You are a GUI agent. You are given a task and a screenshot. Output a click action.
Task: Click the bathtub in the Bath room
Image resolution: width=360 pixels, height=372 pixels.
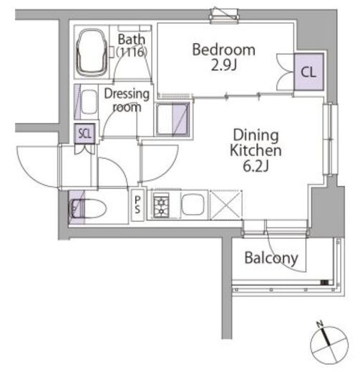pos(92,52)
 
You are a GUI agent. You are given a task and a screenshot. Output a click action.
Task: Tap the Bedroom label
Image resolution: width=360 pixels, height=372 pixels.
pos(224,50)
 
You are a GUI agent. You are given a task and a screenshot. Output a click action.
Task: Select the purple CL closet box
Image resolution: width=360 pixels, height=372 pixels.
pos(308,72)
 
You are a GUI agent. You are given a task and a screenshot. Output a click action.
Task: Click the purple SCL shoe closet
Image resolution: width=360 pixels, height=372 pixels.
pos(84,134)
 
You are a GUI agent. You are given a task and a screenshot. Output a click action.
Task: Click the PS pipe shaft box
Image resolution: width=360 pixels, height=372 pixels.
pos(137,205)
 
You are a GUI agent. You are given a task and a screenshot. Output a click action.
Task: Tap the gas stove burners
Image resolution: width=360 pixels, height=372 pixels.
pos(161,205)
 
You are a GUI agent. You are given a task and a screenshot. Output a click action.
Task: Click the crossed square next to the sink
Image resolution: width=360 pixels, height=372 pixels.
pos(226,205)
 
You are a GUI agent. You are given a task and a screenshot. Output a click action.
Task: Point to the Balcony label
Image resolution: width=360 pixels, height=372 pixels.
pos(271,258)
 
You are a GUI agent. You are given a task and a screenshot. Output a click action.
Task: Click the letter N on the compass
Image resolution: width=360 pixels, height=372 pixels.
pos(320,324)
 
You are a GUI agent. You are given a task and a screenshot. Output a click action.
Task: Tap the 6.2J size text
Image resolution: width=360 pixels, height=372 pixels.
pos(256,166)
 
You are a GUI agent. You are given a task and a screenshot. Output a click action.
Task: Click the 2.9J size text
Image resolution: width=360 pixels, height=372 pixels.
pos(224,65)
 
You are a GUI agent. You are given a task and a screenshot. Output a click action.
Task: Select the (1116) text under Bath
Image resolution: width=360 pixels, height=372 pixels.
pos(132,52)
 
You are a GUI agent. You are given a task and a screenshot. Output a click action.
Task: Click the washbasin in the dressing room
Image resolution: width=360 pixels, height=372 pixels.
pos(89,102)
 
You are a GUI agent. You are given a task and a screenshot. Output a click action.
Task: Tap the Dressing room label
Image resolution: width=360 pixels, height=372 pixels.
pos(127,100)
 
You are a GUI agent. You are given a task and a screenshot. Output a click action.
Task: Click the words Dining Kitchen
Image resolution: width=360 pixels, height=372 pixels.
pos(256,143)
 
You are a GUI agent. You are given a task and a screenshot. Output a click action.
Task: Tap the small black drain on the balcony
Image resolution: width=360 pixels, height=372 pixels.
pos(324,283)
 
